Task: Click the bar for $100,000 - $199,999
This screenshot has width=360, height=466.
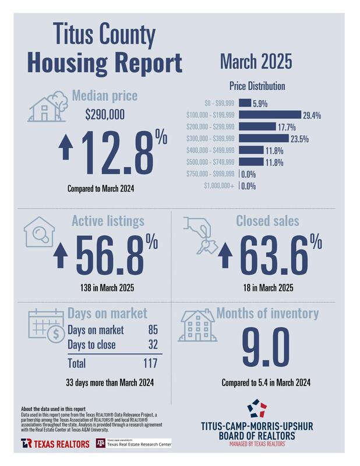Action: click(270, 115)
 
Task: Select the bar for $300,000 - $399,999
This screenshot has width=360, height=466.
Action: click(264, 138)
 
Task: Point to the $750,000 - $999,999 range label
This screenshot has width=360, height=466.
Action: click(210, 174)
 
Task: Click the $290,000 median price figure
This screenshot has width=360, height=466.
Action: click(105, 115)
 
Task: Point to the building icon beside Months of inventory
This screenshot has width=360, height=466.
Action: click(197, 326)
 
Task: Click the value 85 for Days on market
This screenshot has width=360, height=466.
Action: click(153, 330)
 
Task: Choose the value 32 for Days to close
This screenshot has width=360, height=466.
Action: click(153, 345)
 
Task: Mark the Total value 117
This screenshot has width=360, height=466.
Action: click(151, 363)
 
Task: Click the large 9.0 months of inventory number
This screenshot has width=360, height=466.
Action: click(265, 347)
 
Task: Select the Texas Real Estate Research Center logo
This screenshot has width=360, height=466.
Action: click(133, 443)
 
